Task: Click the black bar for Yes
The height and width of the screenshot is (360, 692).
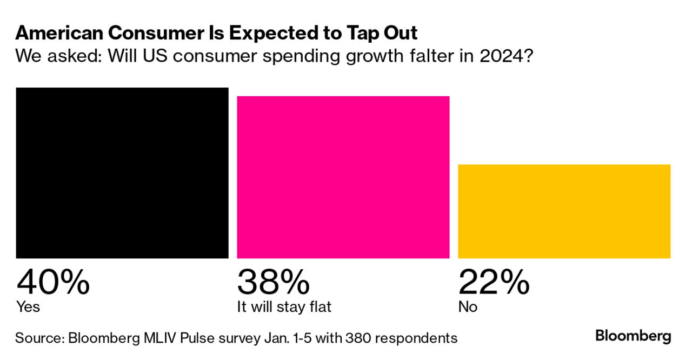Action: (x=122, y=173)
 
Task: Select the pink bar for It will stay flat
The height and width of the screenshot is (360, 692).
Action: (x=343, y=177)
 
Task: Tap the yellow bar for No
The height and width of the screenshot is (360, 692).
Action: (x=564, y=211)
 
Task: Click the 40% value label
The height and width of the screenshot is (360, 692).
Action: (x=53, y=282)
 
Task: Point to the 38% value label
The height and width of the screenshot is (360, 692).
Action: (x=274, y=282)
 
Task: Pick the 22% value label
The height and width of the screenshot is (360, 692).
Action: (x=494, y=282)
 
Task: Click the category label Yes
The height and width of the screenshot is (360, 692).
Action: (x=28, y=307)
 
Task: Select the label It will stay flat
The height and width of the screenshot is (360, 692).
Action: (x=284, y=307)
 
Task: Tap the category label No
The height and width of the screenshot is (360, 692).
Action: (x=468, y=307)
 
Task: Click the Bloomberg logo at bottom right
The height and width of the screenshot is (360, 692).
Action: (x=633, y=336)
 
